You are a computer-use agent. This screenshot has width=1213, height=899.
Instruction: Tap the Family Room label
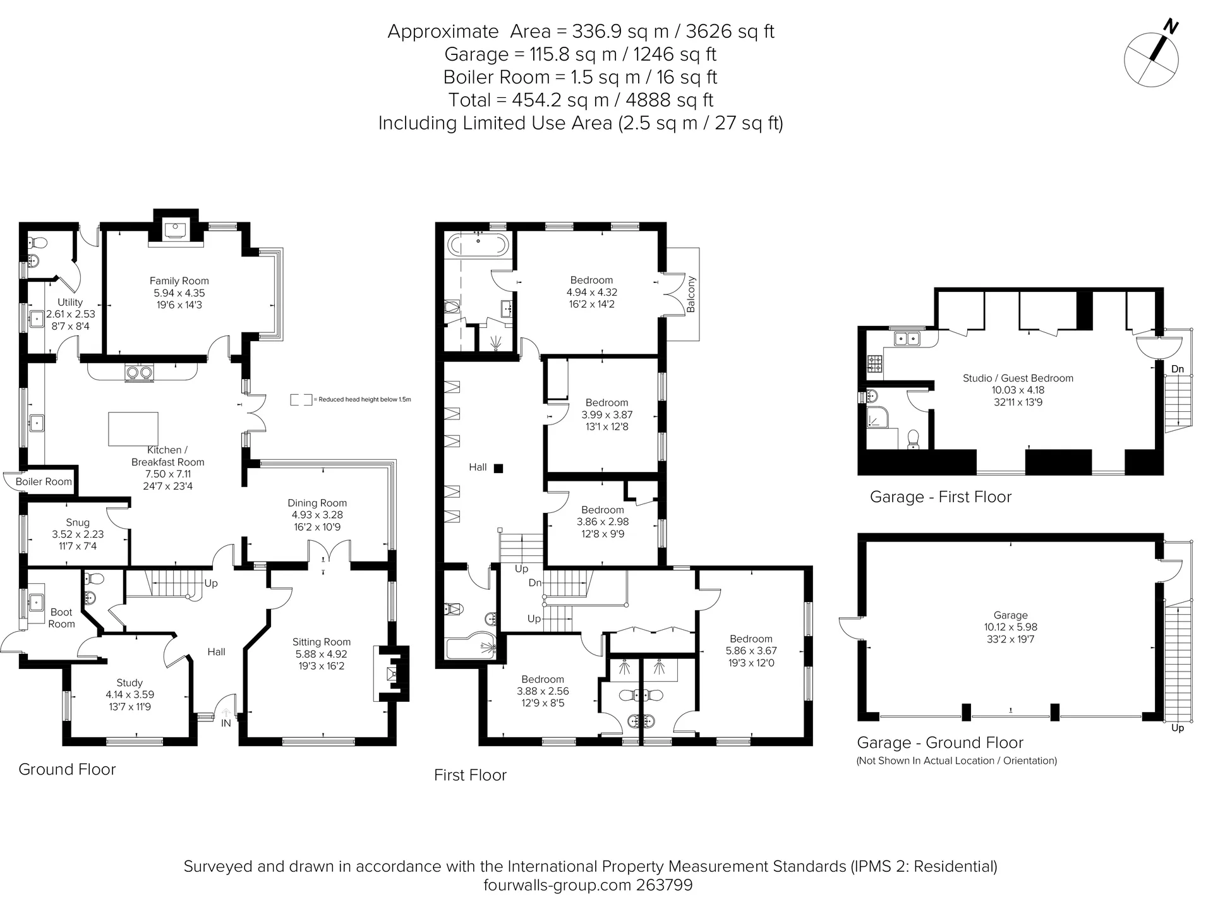click(x=179, y=281)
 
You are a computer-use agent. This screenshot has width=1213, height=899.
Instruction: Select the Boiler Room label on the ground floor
click(x=44, y=481)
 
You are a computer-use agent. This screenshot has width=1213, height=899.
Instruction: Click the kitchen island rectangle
click(x=133, y=429)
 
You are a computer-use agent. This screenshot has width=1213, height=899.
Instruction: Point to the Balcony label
click(x=691, y=294)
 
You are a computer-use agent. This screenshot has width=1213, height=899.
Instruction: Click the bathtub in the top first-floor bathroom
click(x=478, y=244)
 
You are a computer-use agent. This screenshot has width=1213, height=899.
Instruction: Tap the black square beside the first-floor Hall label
click(x=498, y=468)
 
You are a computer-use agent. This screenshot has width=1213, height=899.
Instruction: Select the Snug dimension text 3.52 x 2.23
click(x=78, y=534)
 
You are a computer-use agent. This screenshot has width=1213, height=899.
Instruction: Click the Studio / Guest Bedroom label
click(x=1018, y=378)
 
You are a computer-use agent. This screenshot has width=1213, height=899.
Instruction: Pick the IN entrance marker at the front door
click(x=226, y=723)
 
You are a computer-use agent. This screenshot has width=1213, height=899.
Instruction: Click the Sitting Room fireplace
click(x=392, y=673)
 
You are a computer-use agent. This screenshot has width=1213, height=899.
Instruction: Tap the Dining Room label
click(x=317, y=504)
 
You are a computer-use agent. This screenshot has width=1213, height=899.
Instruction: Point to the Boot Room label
click(x=61, y=618)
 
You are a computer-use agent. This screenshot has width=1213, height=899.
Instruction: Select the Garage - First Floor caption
click(x=941, y=497)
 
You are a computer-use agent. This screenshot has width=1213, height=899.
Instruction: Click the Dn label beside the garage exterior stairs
click(x=1178, y=369)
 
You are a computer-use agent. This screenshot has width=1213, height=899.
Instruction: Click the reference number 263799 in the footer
click(x=662, y=885)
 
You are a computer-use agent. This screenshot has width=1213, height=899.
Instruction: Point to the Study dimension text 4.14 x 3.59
click(x=130, y=695)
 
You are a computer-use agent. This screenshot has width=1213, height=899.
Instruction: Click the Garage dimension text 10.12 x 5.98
click(x=1011, y=627)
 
